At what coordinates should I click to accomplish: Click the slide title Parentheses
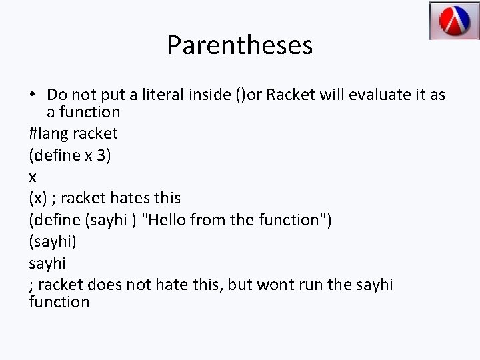click(239, 45)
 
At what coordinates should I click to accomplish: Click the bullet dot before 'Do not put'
click(33, 95)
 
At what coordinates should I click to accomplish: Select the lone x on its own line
click(33, 177)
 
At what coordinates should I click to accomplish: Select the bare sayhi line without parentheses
click(48, 263)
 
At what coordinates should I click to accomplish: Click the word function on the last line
click(59, 302)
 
